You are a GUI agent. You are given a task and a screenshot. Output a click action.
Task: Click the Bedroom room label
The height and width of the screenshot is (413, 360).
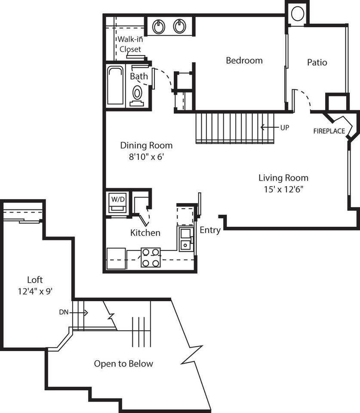click(x=244, y=61)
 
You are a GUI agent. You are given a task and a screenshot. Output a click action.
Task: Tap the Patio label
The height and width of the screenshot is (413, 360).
click(x=317, y=62)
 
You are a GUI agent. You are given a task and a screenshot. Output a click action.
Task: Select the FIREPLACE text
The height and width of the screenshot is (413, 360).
click(x=329, y=131)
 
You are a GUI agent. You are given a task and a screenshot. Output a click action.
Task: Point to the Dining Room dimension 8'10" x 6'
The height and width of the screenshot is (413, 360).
click(x=146, y=157)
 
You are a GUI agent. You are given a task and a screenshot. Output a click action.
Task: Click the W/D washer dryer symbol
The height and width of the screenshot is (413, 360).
click(x=117, y=203)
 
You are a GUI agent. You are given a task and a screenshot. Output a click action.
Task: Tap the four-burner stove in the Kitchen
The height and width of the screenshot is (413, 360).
click(x=151, y=257)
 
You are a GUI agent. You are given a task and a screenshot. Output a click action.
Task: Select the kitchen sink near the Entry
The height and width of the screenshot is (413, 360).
click(x=186, y=239)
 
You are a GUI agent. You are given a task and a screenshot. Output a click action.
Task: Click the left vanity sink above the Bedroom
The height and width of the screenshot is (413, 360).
click(x=159, y=27)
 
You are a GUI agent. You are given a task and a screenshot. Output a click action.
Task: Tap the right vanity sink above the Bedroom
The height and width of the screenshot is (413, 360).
click(x=179, y=27)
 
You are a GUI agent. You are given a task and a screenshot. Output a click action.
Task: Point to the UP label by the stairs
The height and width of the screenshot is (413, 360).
click(x=284, y=127)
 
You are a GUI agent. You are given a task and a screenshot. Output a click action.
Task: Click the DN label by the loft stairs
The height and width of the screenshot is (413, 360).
click(x=64, y=312)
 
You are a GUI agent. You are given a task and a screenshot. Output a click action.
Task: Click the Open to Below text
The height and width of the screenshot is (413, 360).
click(x=123, y=364)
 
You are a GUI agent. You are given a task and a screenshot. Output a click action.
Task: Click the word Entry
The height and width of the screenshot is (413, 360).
click(x=210, y=230)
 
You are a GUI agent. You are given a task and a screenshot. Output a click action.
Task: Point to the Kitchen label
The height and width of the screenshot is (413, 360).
click(x=145, y=233)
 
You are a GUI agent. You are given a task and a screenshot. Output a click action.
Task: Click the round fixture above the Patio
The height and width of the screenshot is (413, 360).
click(x=297, y=14)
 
